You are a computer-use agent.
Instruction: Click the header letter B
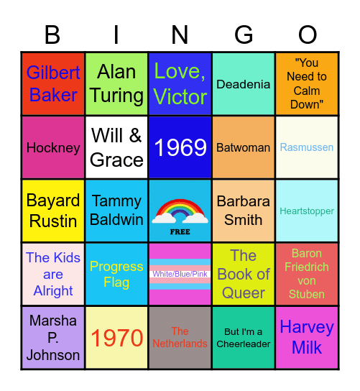pyautogui.click(x=52, y=34)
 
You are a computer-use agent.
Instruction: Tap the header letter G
pyautogui.click(x=244, y=34)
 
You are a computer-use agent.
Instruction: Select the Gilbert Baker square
pyautogui.click(x=53, y=84)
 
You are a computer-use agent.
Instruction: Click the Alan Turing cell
pyautogui.click(x=116, y=84)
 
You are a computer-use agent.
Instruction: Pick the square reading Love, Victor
pyautogui.click(x=180, y=84)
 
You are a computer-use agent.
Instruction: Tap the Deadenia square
pyautogui.click(x=244, y=84)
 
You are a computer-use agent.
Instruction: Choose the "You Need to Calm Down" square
pyautogui.click(x=307, y=84)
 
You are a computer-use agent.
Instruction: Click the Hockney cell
pyautogui.click(x=53, y=147)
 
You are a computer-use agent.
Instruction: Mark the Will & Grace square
pyautogui.click(x=116, y=147)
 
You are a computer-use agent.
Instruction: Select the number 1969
pyautogui.click(x=180, y=147)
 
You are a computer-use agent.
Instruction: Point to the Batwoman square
pyautogui.click(x=244, y=147)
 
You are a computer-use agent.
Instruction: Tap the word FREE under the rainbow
pyautogui.click(x=180, y=232)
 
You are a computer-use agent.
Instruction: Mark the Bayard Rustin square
pyautogui.click(x=53, y=211)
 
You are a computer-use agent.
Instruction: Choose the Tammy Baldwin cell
pyautogui.click(x=116, y=211)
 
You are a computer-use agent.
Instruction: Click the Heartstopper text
pyautogui.click(x=307, y=211)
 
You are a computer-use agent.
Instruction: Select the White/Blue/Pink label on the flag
pyautogui.click(x=180, y=274)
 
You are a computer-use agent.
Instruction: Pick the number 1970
pyautogui.click(x=116, y=337)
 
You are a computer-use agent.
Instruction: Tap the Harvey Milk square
pyautogui.click(x=307, y=337)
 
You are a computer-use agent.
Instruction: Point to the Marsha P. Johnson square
pyautogui.click(x=53, y=337)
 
